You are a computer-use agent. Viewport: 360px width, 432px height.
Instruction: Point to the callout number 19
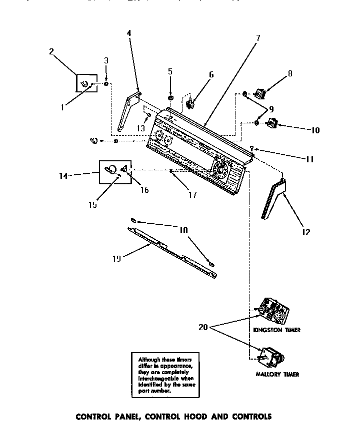(116, 258)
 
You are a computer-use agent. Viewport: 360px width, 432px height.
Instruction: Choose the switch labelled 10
(272, 122)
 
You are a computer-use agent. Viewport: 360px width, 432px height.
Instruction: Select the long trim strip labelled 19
(172, 250)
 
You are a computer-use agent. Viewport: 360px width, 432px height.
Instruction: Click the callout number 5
(170, 72)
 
